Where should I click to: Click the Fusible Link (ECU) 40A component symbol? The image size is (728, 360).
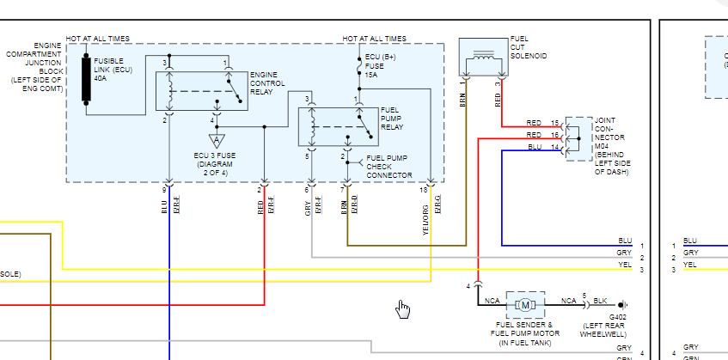(x=87, y=80)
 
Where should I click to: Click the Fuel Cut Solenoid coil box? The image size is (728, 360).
(x=483, y=58)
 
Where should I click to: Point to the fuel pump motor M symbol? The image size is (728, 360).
(x=524, y=303)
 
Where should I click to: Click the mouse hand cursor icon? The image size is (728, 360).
(x=403, y=308)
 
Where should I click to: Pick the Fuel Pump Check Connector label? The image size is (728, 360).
(x=389, y=167)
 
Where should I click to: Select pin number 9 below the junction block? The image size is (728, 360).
(x=163, y=188)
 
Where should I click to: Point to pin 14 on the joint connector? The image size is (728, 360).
(x=554, y=148)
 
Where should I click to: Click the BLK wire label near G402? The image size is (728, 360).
(x=600, y=300)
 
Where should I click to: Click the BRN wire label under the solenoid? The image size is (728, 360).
(x=463, y=100)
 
